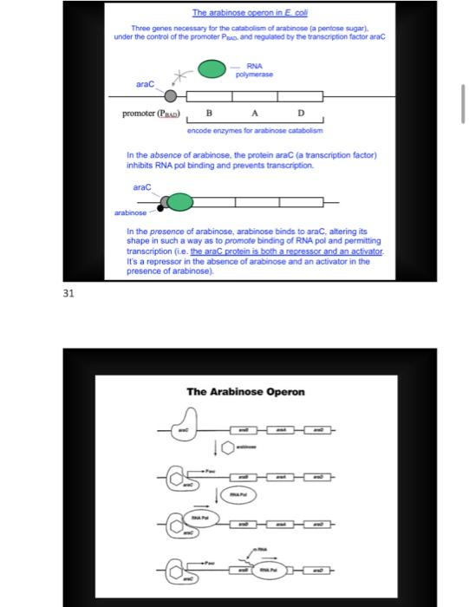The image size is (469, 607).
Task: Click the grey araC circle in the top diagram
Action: (x=172, y=95)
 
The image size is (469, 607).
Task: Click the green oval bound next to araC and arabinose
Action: (x=179, y=203)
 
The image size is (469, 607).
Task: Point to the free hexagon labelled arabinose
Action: (x=229, y=447)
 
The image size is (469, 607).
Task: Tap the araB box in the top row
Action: (x=244, y=428)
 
